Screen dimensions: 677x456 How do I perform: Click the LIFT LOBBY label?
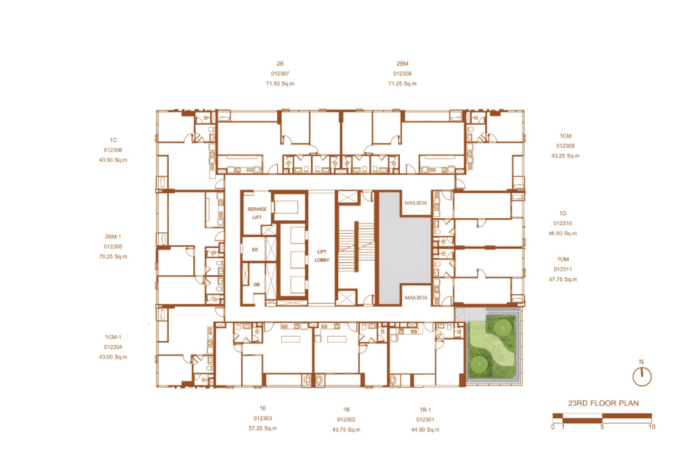[x=322, y=255]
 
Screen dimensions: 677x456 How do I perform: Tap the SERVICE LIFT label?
[x=257, y=213]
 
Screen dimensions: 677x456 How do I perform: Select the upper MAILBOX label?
[x=416, y=203]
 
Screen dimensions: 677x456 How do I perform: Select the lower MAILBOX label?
[x=416, y=297]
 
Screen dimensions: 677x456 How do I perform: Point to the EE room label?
[x=255, y=249]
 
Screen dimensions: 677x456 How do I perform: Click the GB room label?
[x=256, y=285]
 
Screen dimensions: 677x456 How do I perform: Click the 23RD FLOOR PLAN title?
[x=603, y=403]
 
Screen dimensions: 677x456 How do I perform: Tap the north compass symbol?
[x=642, y=375]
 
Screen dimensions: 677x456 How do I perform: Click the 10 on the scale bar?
[x=651, y=427]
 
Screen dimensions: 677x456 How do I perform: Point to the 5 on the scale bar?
[x=602, y=427]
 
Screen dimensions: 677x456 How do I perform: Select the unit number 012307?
[x=280, y=74]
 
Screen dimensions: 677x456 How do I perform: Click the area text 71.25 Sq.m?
[x=403, y=84]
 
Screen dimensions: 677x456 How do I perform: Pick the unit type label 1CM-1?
[x=113, y=337]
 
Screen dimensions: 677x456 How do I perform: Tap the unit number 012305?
[x=113, y=247]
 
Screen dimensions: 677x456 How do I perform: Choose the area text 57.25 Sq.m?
[x=262, y=428]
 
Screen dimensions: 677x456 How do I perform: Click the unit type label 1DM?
[x=563, y=260]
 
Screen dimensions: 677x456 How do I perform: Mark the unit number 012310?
[x=562, y=223]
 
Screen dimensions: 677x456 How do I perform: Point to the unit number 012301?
[x=426, y=419]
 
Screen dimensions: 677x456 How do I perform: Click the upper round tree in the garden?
[x=503, y=327]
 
